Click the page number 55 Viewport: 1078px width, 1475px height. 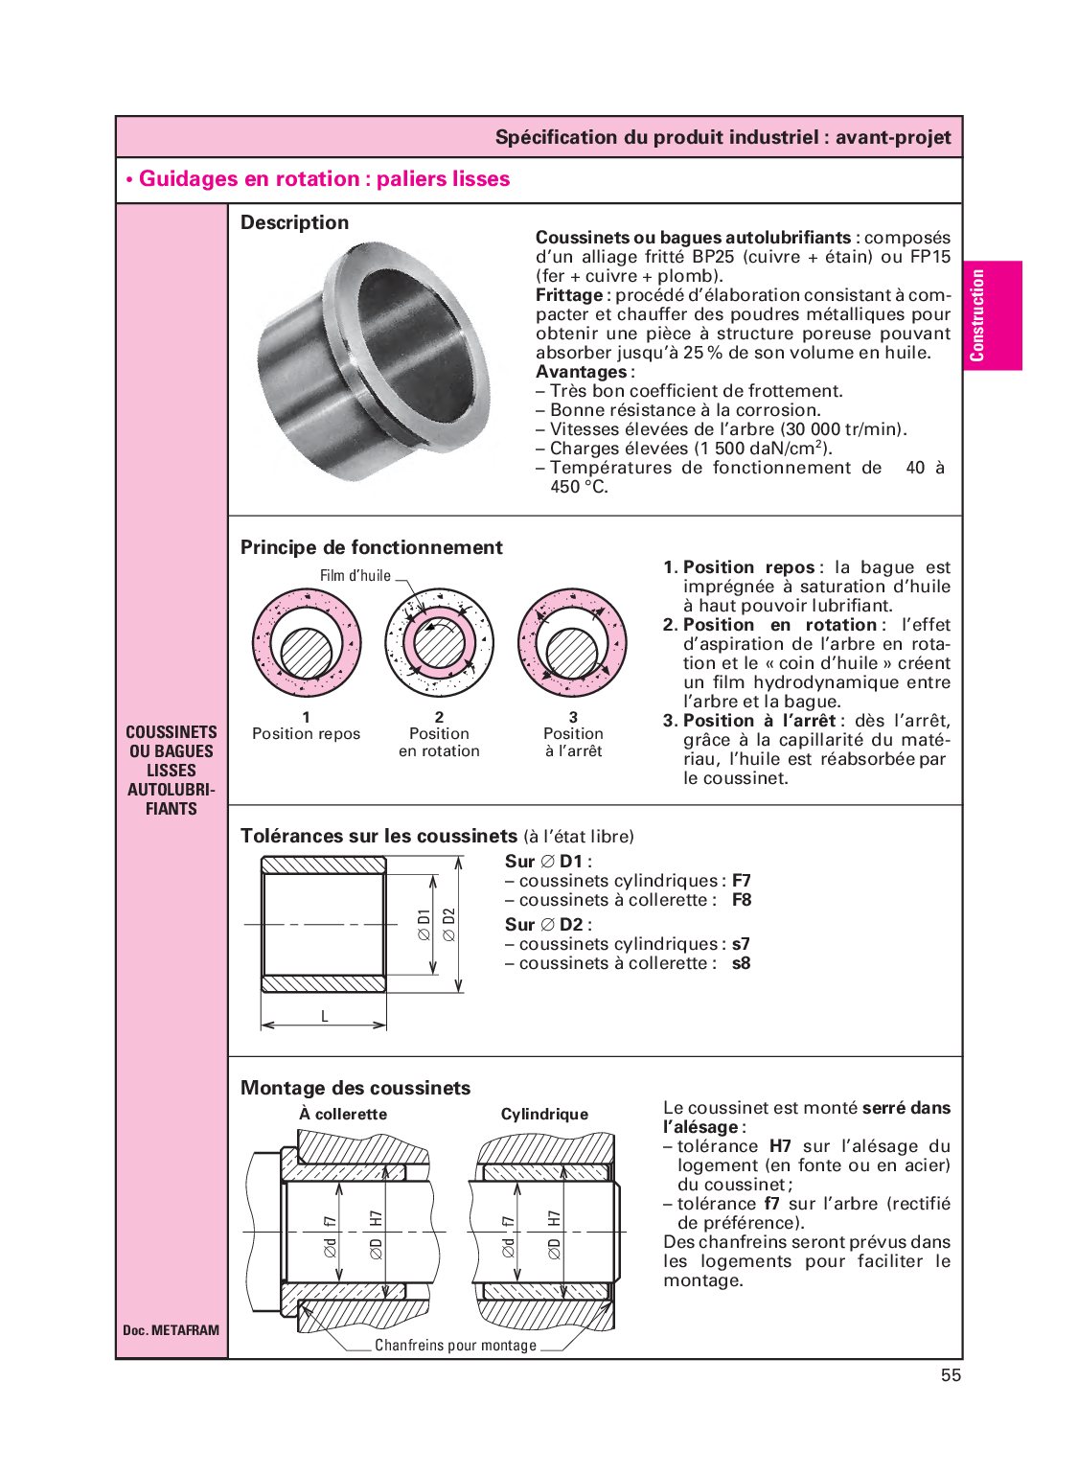[950, 1374]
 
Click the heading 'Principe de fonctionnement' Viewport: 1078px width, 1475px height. [371, 547]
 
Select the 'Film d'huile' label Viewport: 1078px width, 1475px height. [355, 576]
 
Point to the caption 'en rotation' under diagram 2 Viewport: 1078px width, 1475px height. [439, 751]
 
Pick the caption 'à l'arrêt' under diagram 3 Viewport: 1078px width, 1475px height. [573, 751]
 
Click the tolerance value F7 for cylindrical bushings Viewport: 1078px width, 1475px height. [741, 881]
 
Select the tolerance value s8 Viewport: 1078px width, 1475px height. [741, 963]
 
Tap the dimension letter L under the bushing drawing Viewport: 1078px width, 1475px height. [325, 1016]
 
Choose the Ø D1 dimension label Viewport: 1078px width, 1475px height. [424, 924]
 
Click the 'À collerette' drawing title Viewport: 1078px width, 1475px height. [343, 1114]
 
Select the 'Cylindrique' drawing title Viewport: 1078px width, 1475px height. [544, 1114]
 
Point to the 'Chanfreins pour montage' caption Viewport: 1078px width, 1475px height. [455, 1346]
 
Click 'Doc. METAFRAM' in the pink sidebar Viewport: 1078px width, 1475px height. [171, 1330]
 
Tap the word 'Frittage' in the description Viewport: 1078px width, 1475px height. [569, 295]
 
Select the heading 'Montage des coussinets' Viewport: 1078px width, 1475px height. [356, 1088]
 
